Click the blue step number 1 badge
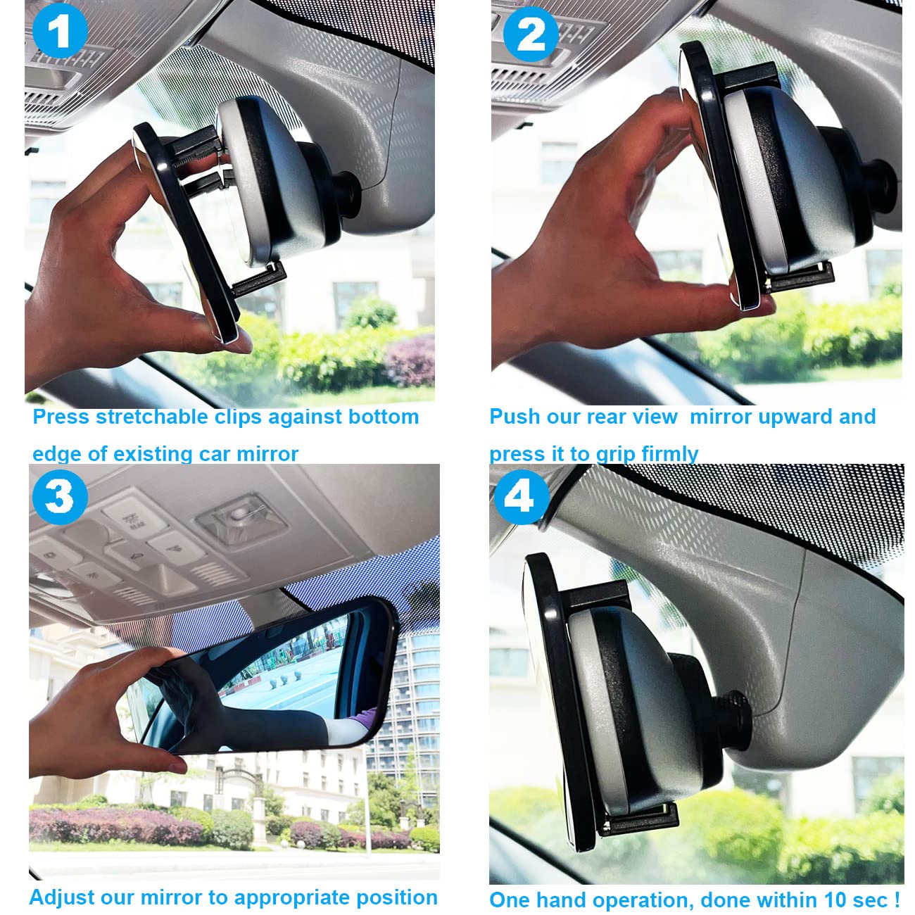point(59,31)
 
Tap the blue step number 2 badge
point(531,33)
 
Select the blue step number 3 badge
point(59,497)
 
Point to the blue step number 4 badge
point(519,497)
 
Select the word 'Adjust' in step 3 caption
point(61,897)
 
